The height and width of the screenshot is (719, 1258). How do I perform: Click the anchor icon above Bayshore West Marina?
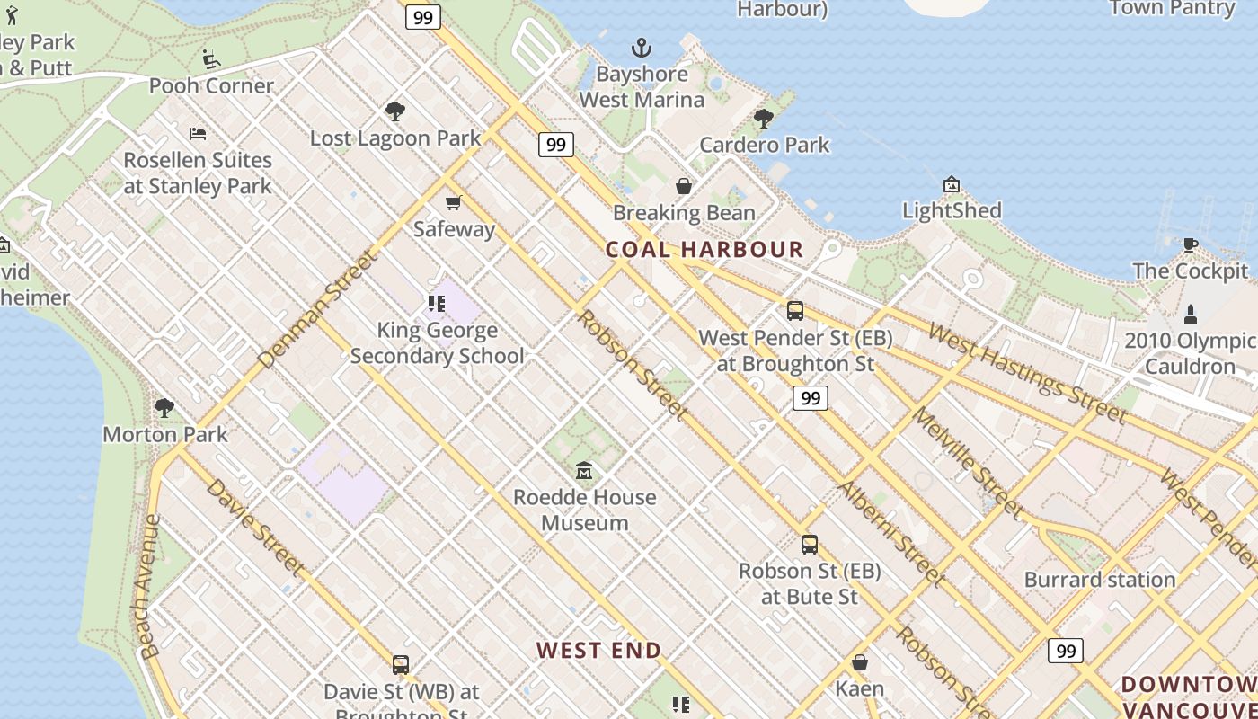coord(642,48)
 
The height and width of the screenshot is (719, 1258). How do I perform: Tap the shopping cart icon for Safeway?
coord(454,202)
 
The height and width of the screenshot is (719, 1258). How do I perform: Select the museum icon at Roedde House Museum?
coord(584,470)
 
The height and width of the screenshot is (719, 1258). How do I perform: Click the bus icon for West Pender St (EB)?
coord(795,311)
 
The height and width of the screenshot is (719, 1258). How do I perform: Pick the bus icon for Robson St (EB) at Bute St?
coord(810,544)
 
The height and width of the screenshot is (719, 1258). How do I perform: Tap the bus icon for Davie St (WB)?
coord(401,665)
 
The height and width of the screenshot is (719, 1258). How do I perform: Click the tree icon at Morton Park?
coord(164,407)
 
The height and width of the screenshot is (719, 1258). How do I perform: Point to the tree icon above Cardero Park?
coord(764,118)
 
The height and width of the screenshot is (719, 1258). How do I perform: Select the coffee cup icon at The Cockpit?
coord(1191,244)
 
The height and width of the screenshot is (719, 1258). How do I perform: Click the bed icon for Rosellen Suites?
coord(198,134)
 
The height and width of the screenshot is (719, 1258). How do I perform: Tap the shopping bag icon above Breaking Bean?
coord(684,186)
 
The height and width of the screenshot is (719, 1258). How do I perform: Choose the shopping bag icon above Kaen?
coord(860,662)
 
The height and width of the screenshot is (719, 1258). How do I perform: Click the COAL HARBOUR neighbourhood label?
coord(704,250)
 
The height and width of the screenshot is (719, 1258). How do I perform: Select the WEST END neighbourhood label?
coord(599,650)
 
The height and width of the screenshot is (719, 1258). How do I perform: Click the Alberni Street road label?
coord(891,534)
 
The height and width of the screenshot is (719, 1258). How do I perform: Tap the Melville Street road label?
coord(969,464)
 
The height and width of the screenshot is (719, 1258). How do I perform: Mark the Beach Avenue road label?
coord(148,586)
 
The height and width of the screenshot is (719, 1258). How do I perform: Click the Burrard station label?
coord(1100,580)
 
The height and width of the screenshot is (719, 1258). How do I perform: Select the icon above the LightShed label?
coord(952,184)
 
